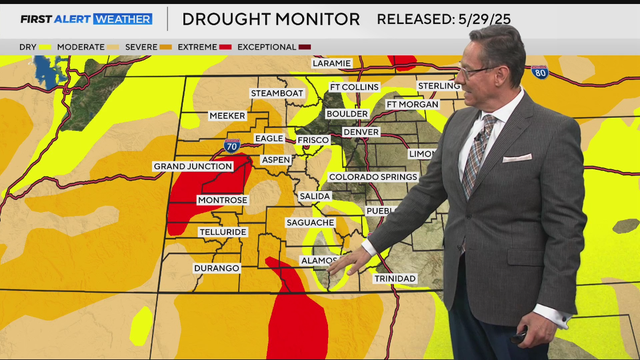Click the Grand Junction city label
pos(191,166)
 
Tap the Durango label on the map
pos(217,268)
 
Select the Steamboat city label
pos(276,93)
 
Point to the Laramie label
pos(332,63)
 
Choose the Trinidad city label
pos(393,278)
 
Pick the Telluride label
pos(222,231)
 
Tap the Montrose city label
pos(222,200)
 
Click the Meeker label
pos(227,116)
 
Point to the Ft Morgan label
pos(412,105)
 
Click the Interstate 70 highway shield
pos(231,147)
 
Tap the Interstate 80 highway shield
pos(539,73)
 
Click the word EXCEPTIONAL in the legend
pos(267,47)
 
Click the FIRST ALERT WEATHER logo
pos(86,18)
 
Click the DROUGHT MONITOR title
pos(270,18)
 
